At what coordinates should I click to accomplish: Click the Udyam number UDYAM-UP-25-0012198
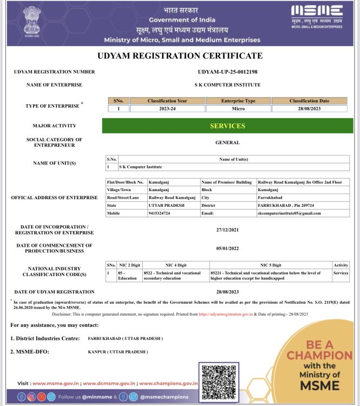coord(227,71)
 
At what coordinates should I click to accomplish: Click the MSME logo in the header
coord(317,16)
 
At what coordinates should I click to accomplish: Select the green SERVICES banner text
coord(227,126)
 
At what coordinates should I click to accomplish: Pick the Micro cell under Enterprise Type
coord(238,108)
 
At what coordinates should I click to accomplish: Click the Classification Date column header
coord(309,101)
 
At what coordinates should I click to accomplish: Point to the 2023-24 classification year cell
coord(167,108)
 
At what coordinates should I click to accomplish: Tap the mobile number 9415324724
coord(160,213)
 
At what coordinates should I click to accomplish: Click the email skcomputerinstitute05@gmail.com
coord(289,213)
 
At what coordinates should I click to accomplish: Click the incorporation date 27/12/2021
coord(227,230)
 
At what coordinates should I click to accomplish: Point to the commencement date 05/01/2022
coord(227,248)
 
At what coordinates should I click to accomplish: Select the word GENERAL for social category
coord(227,143)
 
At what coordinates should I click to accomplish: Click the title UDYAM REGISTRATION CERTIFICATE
coord(180,56)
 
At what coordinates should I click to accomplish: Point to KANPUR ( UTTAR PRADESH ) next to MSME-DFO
coord(117,352)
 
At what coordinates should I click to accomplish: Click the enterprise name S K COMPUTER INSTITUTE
coord(227,85)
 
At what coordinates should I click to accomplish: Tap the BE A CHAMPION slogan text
coord(319,350)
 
